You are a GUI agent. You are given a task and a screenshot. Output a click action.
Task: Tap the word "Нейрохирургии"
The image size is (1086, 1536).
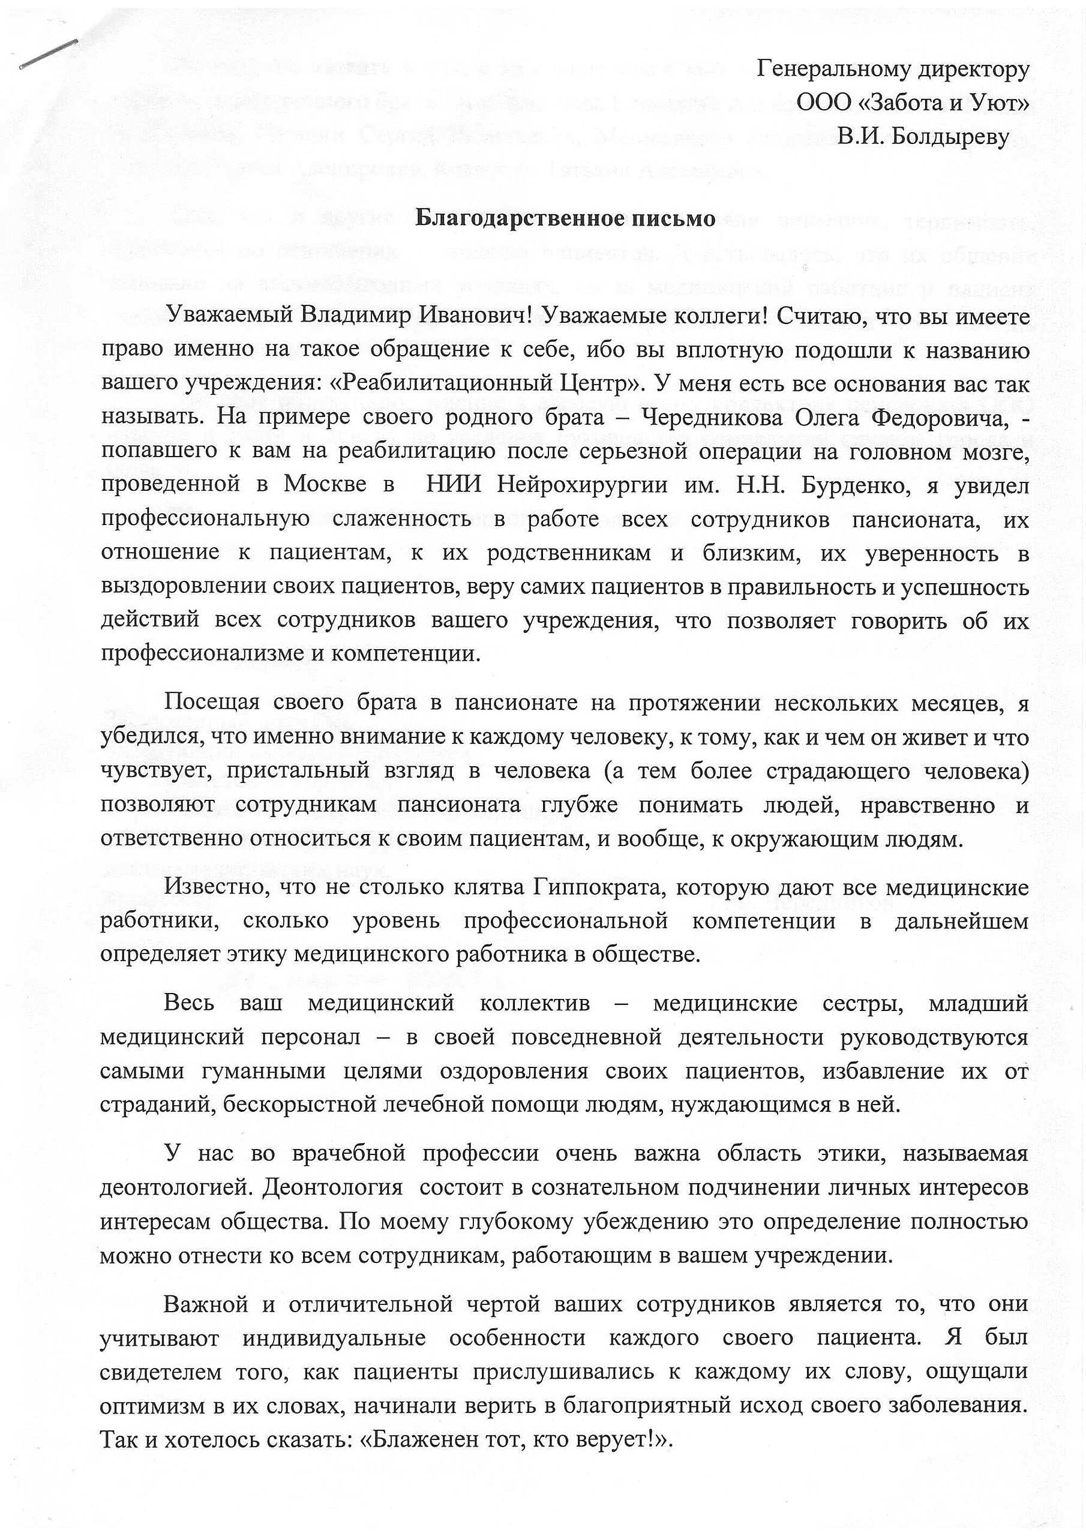[x=581, y=485]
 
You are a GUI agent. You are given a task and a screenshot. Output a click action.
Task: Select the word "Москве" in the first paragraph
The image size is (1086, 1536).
[x=325, y=485]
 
